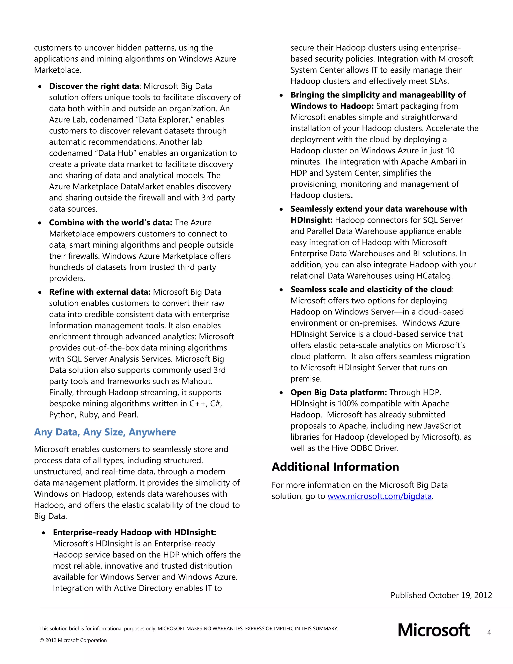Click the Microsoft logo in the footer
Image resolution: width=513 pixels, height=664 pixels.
coord(433,630)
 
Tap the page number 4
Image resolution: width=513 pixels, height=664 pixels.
coord(489,632)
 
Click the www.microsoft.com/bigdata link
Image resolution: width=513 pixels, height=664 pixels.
coord(379,496)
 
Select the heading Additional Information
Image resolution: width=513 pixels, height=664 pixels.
coord(335,467)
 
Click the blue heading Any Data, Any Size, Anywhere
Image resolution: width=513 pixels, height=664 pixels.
coord(105,432)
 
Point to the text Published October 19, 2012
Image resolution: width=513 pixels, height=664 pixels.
coord(441,595)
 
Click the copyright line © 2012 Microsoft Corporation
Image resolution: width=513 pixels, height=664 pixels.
coord(73,640)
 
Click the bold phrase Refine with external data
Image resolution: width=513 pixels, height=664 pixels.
coord(100,292)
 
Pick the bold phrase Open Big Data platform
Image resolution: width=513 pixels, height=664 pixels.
coord(338,392)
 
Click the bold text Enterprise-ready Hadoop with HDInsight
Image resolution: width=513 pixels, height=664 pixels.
coord(134,532)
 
